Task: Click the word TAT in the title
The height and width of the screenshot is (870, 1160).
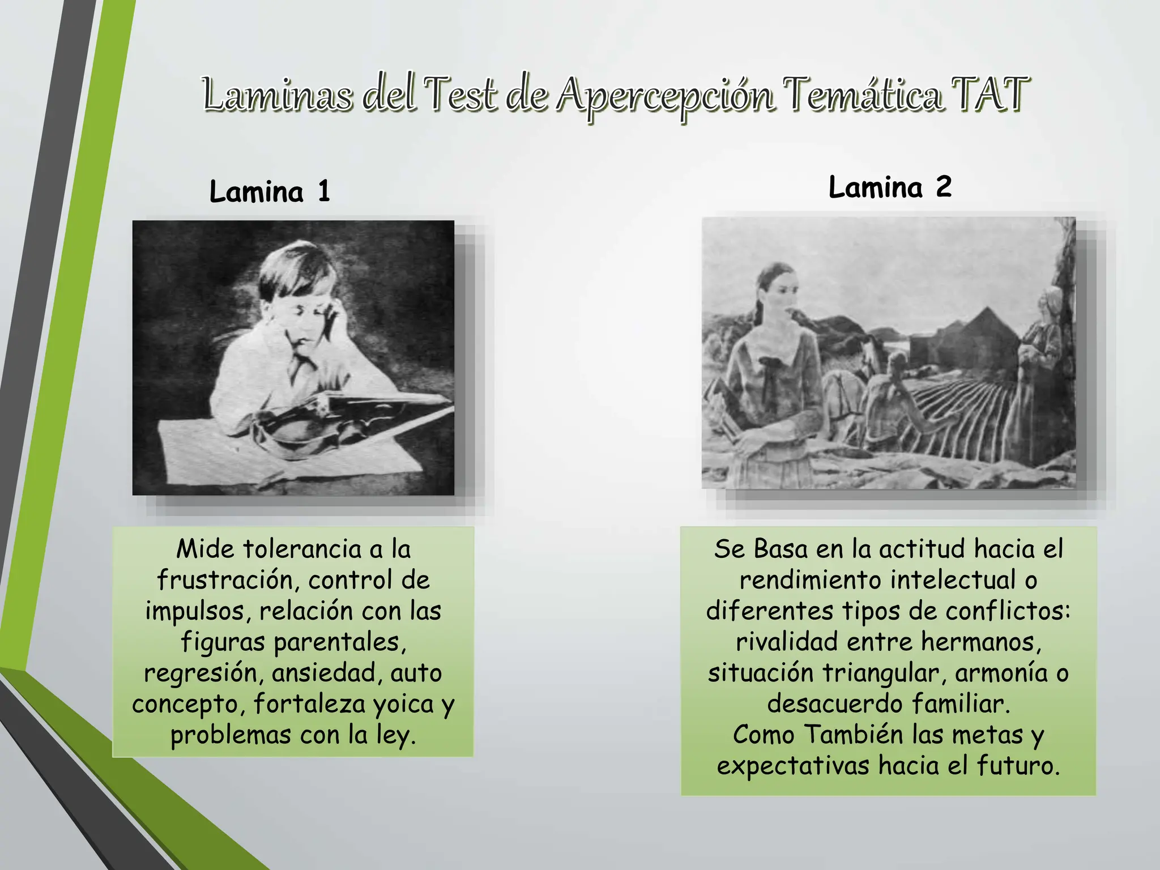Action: (x=988, y=93)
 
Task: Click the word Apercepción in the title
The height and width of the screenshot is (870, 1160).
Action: (x=665, y=96)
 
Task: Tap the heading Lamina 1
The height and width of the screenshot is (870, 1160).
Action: (x=270, y=191)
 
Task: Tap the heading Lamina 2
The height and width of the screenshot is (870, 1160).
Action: (x=890, y=187)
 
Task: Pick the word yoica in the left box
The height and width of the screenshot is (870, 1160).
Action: (x=403, y=704)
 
